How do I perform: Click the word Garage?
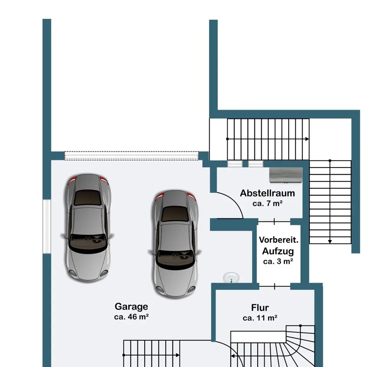[131, 307]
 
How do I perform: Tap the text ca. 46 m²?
[131, 317]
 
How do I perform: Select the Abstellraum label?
[267, 193]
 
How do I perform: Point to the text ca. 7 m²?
[267, 203]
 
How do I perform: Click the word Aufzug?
[278, 251]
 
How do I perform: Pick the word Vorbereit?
[278, 240]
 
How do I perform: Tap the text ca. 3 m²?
[278, 261]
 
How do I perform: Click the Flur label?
[260, 308]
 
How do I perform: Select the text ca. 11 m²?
[260, 318]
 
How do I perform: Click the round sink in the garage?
[231, 278]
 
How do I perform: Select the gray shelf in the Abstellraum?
[286, 175]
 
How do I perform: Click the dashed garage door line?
[131, 156]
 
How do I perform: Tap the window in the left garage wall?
[47, 226]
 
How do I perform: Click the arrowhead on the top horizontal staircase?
[307, 139]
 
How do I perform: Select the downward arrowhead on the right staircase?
[330, 242]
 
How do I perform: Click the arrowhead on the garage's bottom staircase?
[178, 355]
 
